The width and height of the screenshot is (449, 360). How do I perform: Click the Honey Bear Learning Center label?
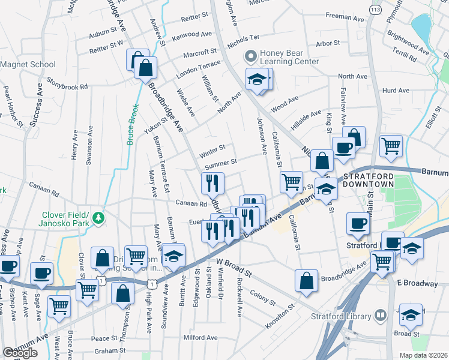(289, 57)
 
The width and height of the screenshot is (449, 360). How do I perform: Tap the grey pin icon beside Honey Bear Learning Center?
(250, 57)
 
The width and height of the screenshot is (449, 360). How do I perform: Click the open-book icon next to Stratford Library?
(380, 314)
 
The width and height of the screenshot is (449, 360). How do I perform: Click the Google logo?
(20, 353)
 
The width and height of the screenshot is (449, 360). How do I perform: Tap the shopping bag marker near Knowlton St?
(306, 280)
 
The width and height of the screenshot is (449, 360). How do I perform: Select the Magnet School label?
(28, 64)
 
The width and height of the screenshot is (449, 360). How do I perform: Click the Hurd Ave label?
(396, 91)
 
